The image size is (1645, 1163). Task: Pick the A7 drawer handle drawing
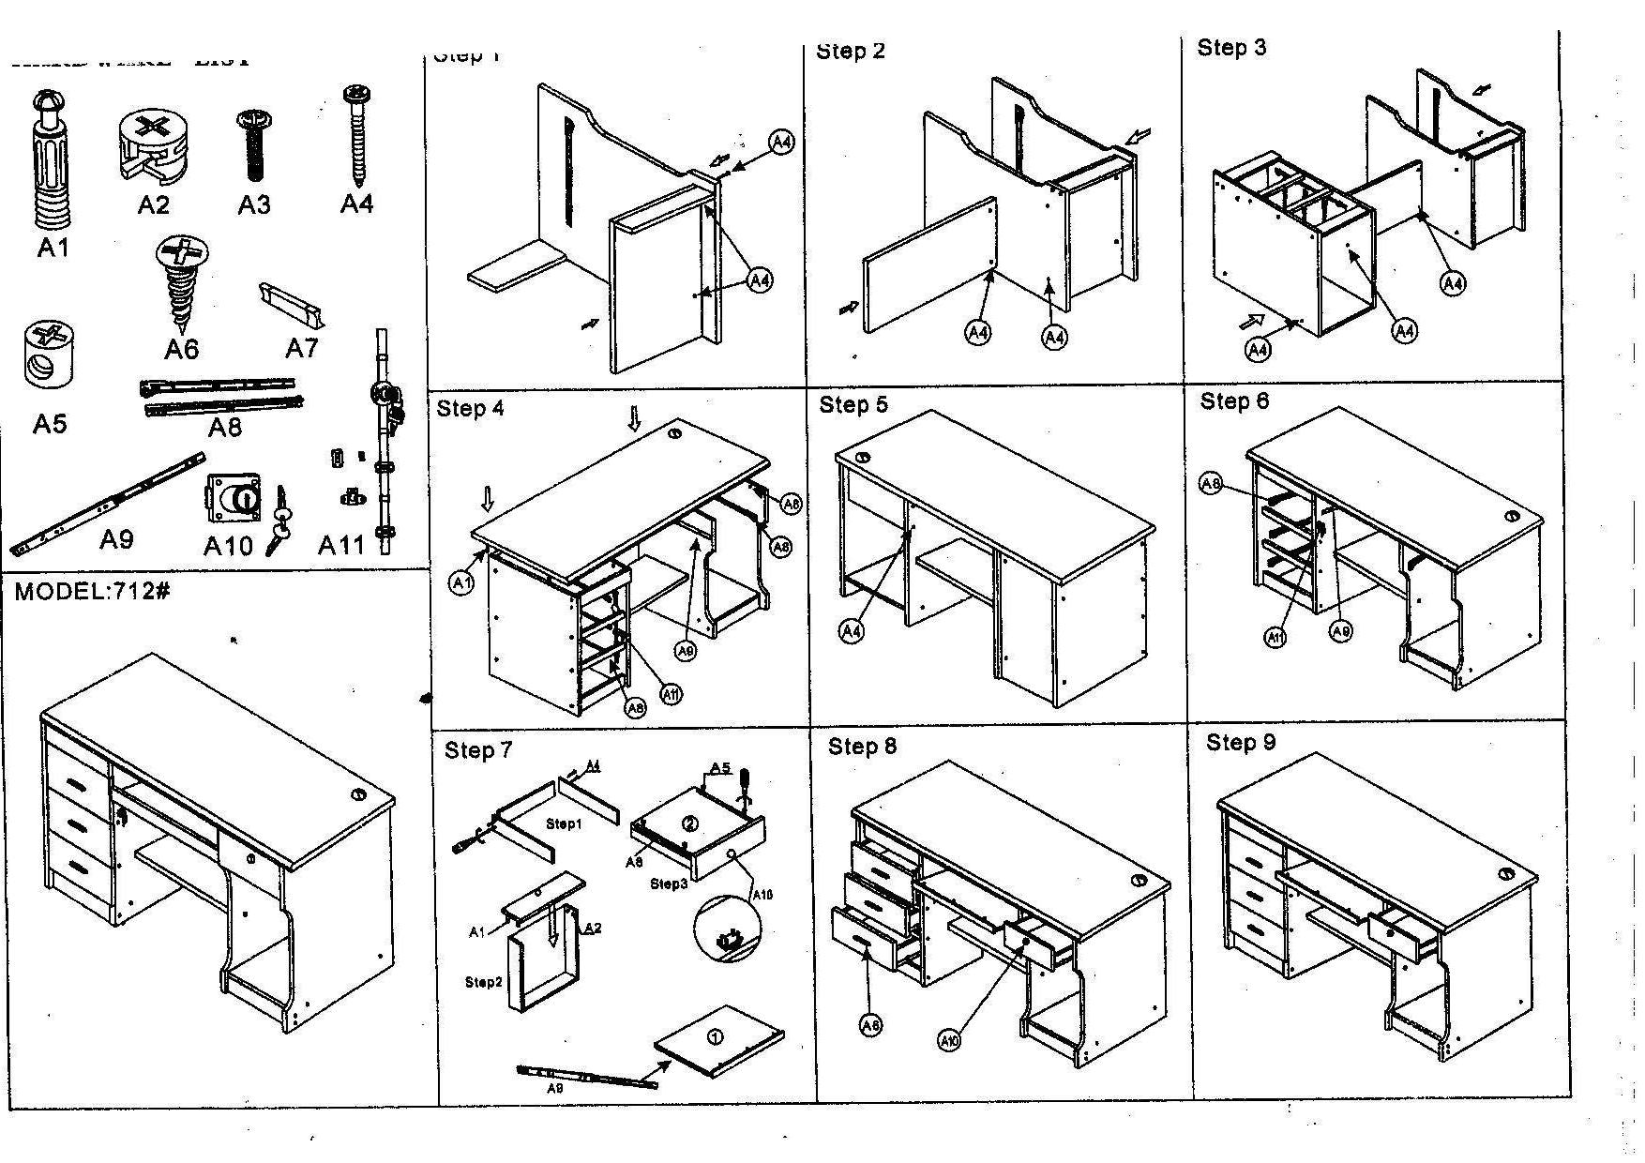(x=293, y=305)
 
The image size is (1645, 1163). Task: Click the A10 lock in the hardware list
(x=232, y=499)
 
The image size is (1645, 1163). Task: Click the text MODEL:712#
(x=92, y=592)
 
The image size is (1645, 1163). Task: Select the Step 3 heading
(x=1231, y=48)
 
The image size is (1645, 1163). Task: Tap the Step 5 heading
(x=853, y=404)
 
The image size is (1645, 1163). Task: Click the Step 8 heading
(x=862, y=747)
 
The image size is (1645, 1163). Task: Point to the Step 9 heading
(x=1241, y=743)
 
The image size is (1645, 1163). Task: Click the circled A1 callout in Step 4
(x=461, y=583)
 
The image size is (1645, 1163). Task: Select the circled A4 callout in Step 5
(x=851, y=631)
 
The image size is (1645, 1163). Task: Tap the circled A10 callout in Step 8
(x=949, y=1039)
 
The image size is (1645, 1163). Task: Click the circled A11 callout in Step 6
(x=1275, y=638)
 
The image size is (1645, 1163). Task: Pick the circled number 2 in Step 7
(x=690, y=823)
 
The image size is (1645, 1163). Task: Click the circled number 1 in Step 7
(x=715, y=1036)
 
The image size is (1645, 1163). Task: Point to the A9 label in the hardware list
(x=116, y=539)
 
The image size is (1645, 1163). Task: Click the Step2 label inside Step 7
(x=484, y=982)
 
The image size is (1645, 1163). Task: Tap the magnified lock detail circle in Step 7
(x=728, y=929)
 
